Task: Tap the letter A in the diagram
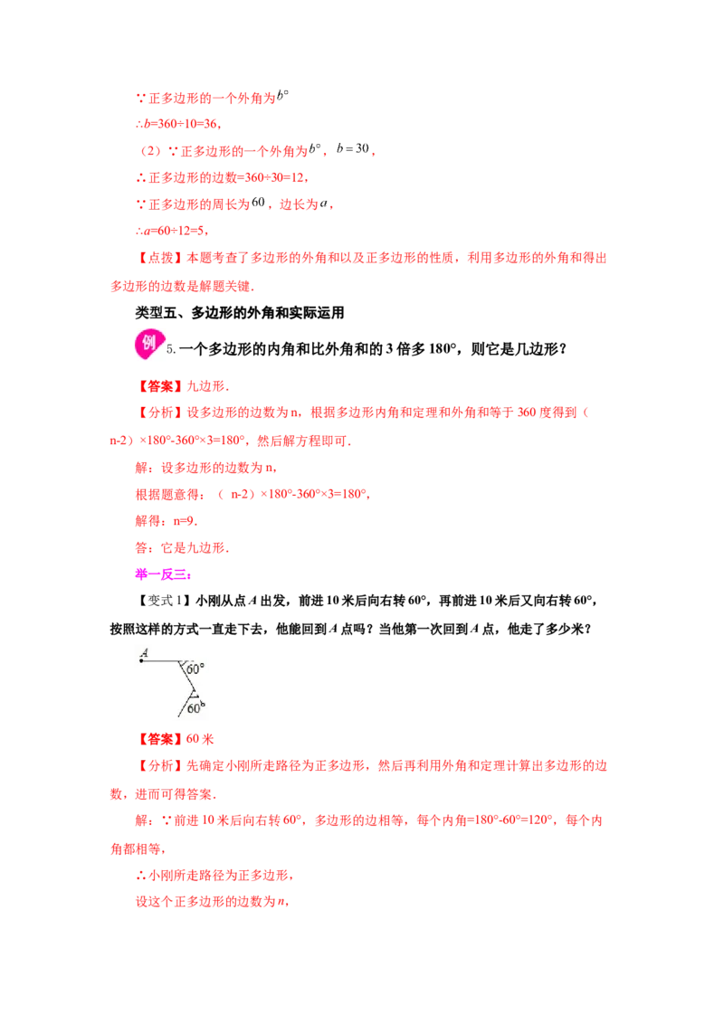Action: (145, 652)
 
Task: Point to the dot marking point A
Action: (141, 661)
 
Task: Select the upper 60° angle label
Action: (195, 669)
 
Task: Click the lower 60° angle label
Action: (195, 708)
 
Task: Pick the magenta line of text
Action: (163, 574)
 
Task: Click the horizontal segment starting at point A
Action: (161, 661)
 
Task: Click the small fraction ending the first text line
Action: (282, 94)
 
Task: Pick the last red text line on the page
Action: (210, 903)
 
